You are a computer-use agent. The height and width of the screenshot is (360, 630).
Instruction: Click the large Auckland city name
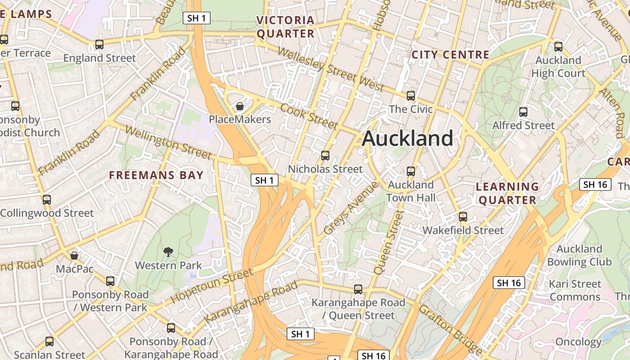click(x=407, y=138)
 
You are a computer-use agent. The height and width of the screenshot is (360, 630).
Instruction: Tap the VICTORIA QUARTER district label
click(x=285, y=27)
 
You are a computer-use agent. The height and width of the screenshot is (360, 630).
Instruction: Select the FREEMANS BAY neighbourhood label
click(x=157, y=175)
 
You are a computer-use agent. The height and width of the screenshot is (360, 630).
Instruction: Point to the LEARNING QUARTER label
click(x=508, y=193)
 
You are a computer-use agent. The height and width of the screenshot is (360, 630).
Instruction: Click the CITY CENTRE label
click(x=450, y=55)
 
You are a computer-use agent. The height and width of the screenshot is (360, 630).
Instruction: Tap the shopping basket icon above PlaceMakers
click(x=240, y=106)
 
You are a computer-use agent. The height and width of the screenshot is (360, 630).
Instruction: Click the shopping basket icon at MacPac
click(x=74, y=256)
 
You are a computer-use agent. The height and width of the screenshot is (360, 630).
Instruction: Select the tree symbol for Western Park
click(x=168, y=252)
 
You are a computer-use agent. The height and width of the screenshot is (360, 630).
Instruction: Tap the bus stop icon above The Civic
click(x=410, y=95)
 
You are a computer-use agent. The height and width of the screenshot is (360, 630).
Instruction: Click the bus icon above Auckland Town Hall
click(x=410, y=171)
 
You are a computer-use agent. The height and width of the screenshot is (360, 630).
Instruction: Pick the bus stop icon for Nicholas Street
click(x=325, y=156)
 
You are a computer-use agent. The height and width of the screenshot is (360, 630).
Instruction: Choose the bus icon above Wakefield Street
click(x=463, y=217)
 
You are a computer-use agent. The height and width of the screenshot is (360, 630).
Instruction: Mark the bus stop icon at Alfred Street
click(x=523, y=112)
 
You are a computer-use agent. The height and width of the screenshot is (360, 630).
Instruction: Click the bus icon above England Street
click(x=99, y=45)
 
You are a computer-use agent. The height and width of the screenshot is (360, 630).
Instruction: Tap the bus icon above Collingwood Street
click(x=46, y=199)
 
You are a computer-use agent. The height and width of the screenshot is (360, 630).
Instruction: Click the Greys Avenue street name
click(x=351, y=207)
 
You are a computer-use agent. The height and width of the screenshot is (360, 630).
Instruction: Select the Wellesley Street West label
click(x=330, y=69)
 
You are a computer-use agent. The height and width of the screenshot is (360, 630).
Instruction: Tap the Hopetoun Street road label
click(x=212, y=286)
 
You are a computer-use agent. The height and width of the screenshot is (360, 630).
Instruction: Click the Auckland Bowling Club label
click(x=579, y=255)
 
